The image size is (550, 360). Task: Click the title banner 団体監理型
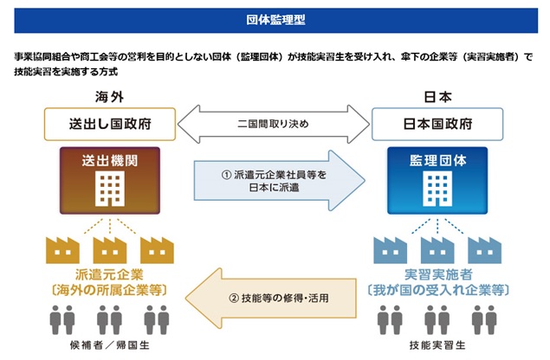[x=275, y=16]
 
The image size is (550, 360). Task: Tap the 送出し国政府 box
[x=110, y=124]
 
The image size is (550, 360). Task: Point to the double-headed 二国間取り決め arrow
[x=274, y=124]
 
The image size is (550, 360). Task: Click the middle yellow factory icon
[x=110, y=248]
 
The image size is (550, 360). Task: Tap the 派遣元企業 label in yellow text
[x=110, y=273]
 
